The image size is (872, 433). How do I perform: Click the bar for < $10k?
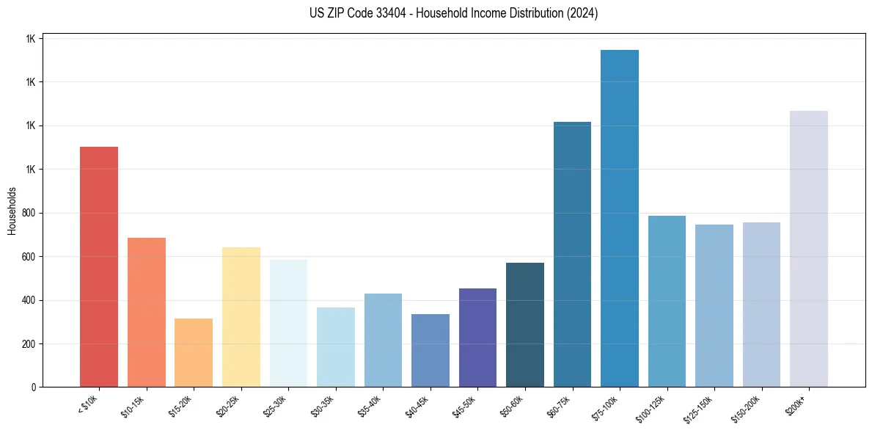99,267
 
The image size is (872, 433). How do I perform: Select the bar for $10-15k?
147,313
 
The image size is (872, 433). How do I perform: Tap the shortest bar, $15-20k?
194,353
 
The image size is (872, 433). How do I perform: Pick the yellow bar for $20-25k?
241,317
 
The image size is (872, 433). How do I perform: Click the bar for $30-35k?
336,347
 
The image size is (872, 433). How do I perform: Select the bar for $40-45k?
430,351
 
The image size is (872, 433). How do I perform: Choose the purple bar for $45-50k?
477,338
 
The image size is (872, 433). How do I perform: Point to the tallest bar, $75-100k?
620,219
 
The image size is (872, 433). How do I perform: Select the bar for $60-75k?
572,255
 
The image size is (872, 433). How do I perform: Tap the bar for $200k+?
809,249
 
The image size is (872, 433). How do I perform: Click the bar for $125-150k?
714,306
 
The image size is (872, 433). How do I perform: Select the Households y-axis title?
12,211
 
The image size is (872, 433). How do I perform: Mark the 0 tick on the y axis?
34,387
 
